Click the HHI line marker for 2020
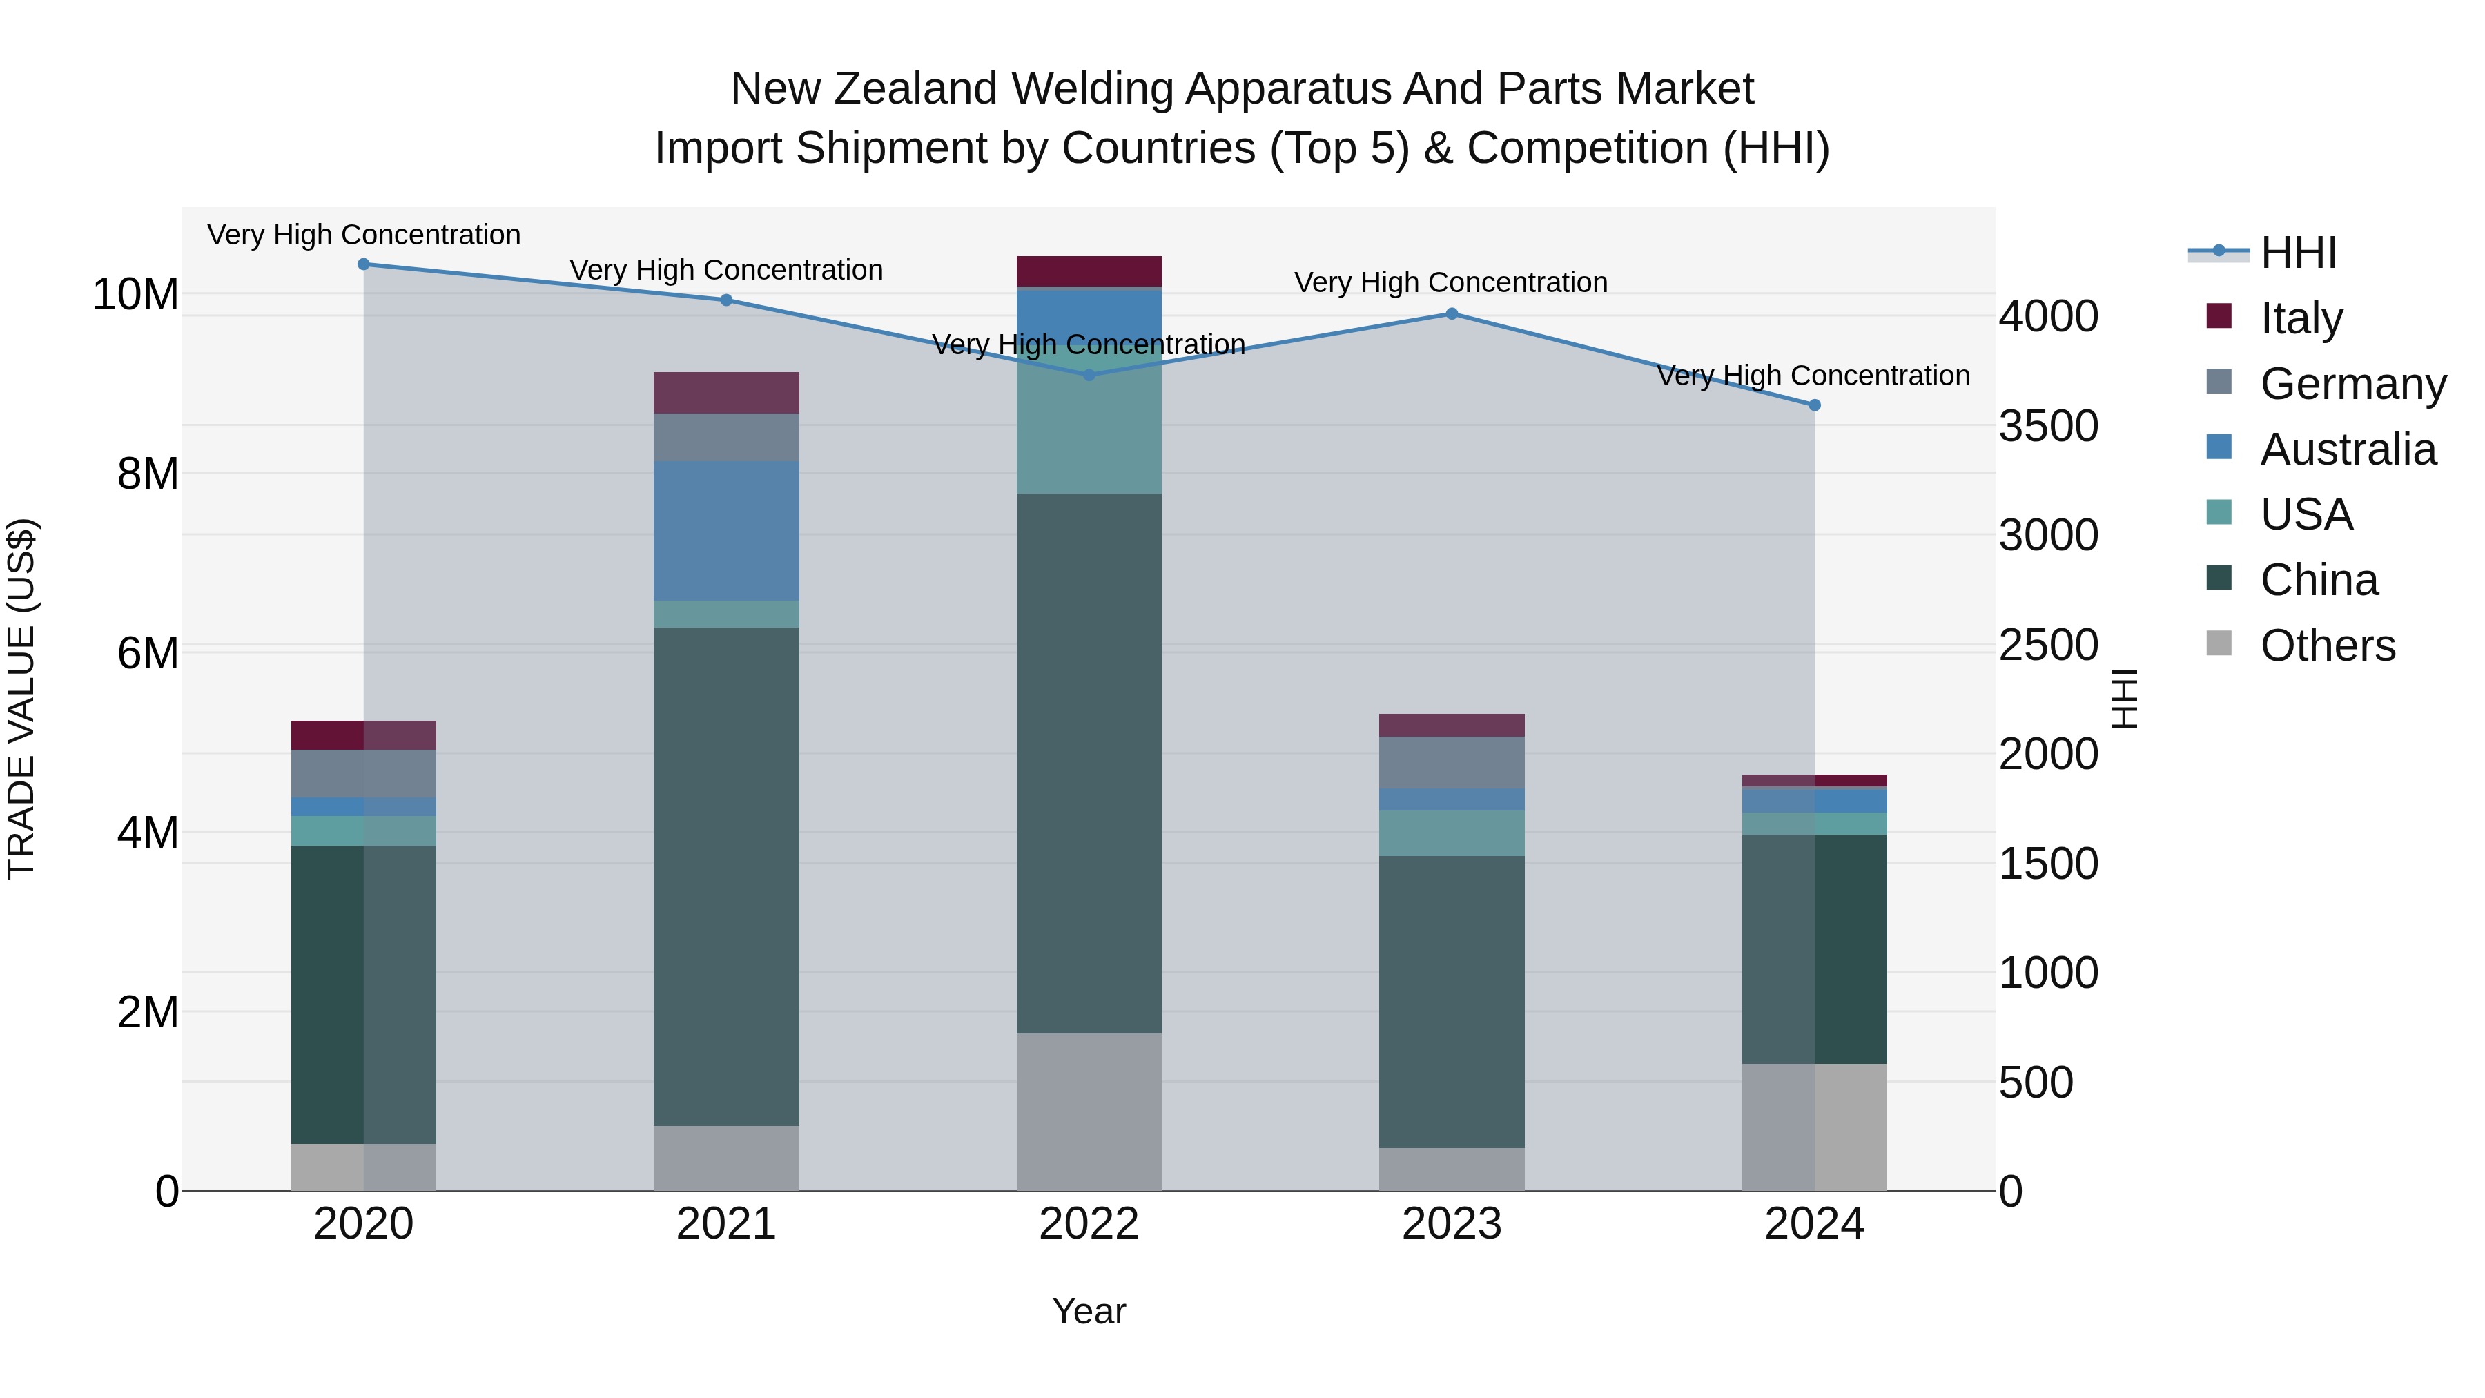(364, 264)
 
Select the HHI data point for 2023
(1452, 313)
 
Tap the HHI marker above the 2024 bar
(1815, 405)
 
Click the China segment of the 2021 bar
(726, 876)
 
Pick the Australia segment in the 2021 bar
(726, 531)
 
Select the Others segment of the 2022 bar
(1089, 1111)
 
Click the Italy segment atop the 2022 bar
(1089, 271)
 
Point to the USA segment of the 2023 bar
(1452, 833)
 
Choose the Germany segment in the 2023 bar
(1452, 762)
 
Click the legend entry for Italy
(2301, 318)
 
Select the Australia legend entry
(2347, 449)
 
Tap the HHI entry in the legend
(2298, 253)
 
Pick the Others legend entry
(2327, 645)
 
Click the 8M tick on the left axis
(148, 474)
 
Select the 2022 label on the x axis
(1089, 1224)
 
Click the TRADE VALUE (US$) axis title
(22, 699)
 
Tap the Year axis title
(1089, 1311)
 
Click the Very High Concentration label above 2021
(726, 270)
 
